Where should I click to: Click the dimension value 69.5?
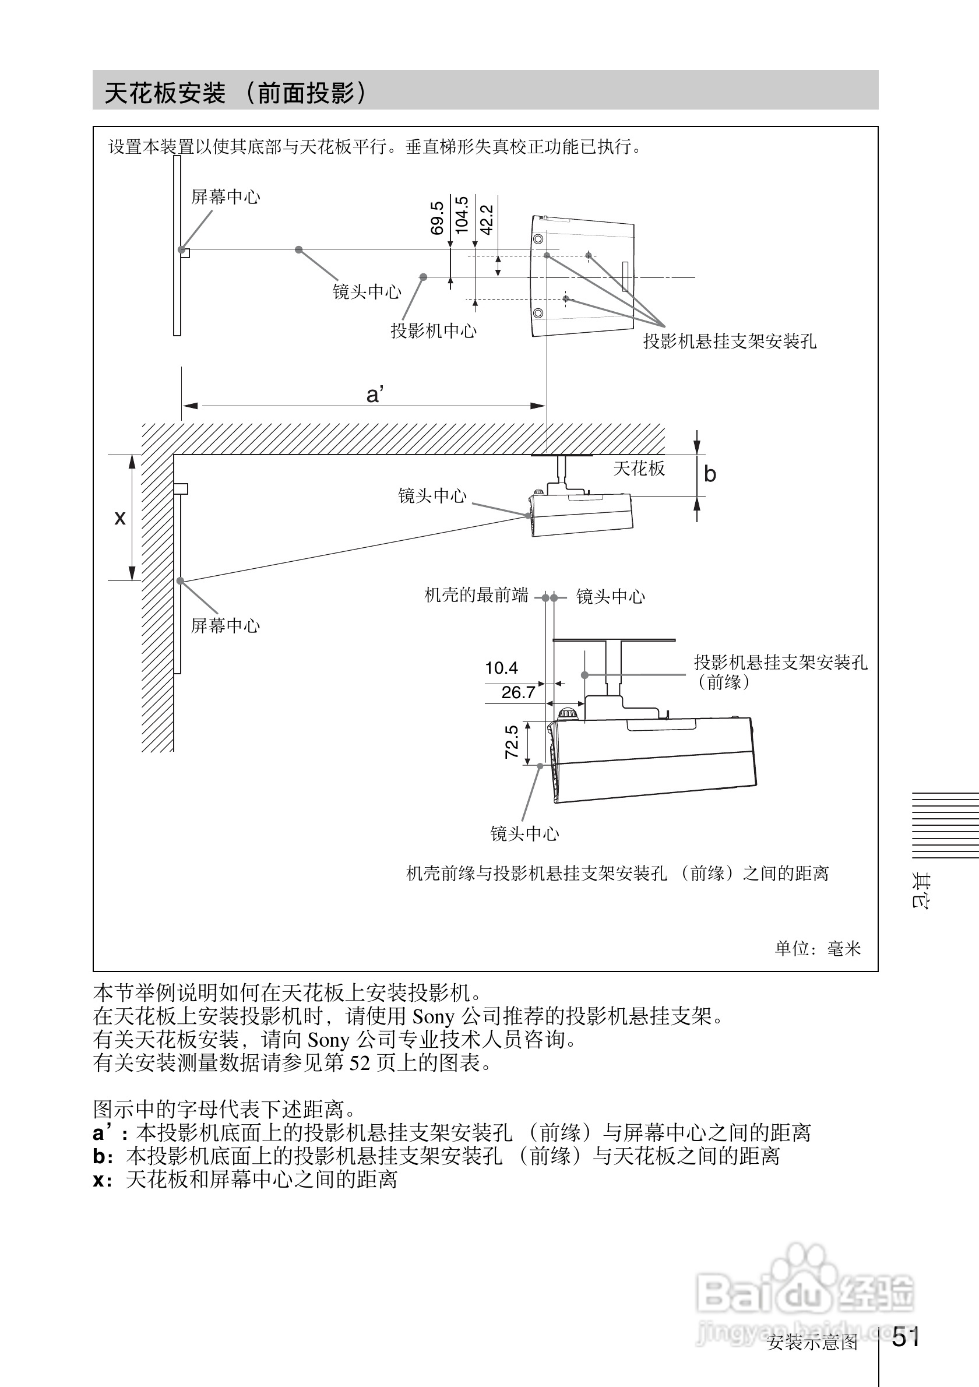(437, 218)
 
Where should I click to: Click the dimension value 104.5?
(462, 214)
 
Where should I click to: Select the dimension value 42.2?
(487, 219)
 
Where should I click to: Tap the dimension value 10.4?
(501, 668)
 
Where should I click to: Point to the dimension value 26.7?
(518, 693)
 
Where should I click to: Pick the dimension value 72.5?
(512, 742)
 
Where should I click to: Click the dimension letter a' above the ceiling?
(375, 395)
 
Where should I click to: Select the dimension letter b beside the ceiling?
(710, 474)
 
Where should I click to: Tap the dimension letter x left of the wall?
(120, 518)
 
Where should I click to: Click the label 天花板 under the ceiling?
(639, 469)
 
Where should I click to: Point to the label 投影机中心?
(434, 331)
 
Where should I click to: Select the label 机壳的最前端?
(476, 596)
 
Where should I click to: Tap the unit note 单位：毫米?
(818, 949)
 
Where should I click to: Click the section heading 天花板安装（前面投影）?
(235, 93)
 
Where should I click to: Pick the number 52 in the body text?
(360, 1062)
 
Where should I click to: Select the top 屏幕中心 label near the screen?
(226, 197)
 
